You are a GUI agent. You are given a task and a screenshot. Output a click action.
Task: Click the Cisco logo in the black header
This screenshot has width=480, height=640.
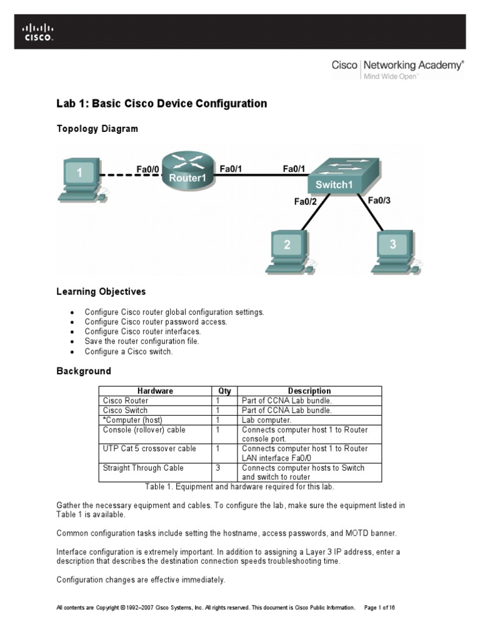coord(38,31)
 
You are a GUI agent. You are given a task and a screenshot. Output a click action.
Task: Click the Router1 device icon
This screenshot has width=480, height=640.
coord(187,171)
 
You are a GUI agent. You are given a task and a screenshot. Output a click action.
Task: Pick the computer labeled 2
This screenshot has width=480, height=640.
coord(287,251)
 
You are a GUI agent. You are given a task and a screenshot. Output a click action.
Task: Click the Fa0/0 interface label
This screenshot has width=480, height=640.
coord(148,169)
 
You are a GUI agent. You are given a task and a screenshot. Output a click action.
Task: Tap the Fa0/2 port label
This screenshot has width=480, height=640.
coord(306,201)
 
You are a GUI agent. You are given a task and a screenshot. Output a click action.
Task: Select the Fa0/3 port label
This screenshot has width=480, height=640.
coord(379,201)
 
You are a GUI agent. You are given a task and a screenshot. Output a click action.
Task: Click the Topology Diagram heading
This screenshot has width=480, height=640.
coord(97,129)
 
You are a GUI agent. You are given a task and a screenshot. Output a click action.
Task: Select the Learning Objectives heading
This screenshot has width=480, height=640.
coord(101,291)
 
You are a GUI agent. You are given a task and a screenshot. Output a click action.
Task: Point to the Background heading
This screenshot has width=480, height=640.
coord(84,371)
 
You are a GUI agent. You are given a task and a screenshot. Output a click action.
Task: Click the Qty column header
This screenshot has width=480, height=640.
coord(224,391)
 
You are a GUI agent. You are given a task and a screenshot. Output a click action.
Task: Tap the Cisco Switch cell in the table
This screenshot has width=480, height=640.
coord(125,410)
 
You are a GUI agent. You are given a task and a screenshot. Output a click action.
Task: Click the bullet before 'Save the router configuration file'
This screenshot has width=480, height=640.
coord(72,342)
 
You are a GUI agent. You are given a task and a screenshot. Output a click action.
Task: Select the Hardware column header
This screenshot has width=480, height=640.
coord(155,391)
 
